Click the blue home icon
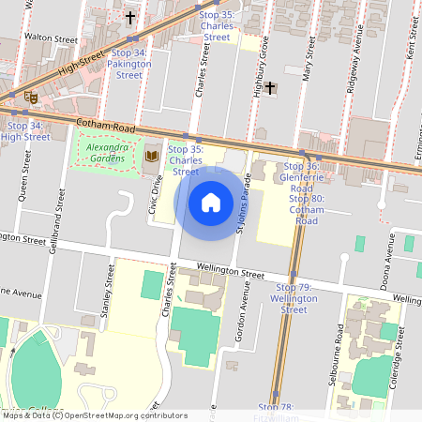(x=211, y=202)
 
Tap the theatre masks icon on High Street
(x=30, y=95)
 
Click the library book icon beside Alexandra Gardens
(x=151, y=155)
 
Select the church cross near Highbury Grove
(x=271, y=88)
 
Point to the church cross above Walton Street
(x=129, y=18)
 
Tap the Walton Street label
(x=52, y=38)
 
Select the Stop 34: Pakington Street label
(x=128, y=64)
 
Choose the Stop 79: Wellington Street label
(x=294, y=297)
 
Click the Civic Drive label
(x=157, y=195)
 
